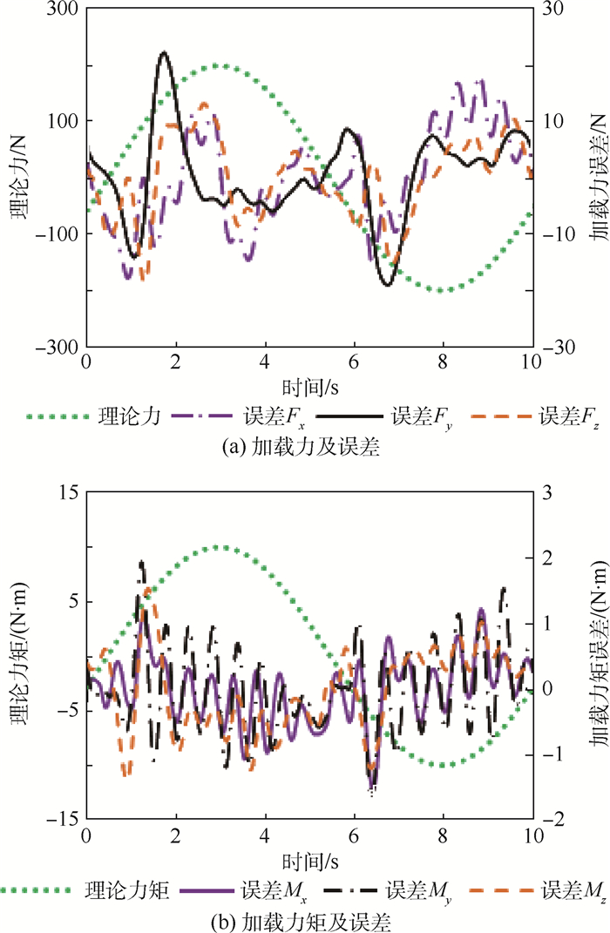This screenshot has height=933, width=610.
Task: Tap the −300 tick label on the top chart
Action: pyautogui.click(x=60, y=347)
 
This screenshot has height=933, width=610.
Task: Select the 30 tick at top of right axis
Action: pyautogui.click(x=551, y=10)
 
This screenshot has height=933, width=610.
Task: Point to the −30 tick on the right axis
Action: pyautogui.click(x=555, y=347)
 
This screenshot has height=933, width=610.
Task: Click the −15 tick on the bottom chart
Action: pyautogui.click(x=64, y=819)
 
